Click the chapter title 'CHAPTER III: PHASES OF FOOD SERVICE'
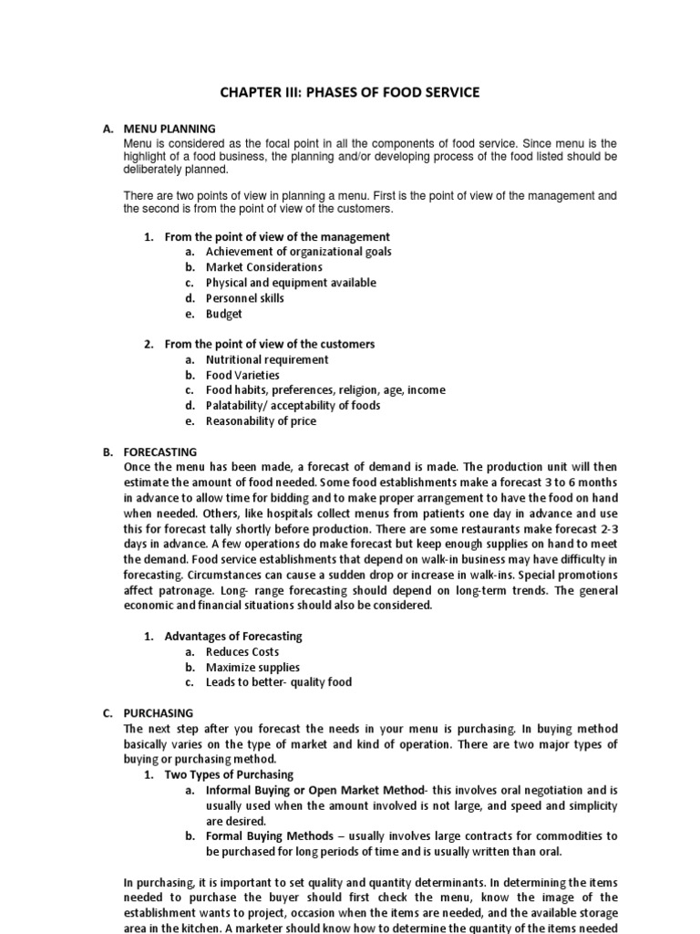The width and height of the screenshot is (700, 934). [x=349, y=92]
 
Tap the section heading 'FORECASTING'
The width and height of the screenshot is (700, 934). [x=160, y=451]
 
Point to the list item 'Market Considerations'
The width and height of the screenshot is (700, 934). [x=263, y=267]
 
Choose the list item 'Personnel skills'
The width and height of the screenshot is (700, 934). [x=244, y=298]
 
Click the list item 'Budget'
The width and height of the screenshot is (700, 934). [x=223, y=314]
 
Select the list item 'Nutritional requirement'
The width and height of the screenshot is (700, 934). [x=266, y=359]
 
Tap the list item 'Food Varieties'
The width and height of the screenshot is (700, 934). [x=242, y=375]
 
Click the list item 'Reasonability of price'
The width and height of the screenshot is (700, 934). [x=261, y=421]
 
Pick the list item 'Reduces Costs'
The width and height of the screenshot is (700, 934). [x=242, y=652]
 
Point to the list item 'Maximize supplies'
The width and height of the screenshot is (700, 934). [x=252, y=668]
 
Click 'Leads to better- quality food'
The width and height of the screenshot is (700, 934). [x=278, y=682]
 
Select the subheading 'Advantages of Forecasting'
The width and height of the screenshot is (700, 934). [x=233, y=636]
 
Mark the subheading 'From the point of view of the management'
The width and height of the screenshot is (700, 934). [x=277, y=237]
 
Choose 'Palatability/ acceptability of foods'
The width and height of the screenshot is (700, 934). [x=293, y=406]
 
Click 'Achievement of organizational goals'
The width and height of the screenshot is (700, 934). [x=299, y=252]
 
